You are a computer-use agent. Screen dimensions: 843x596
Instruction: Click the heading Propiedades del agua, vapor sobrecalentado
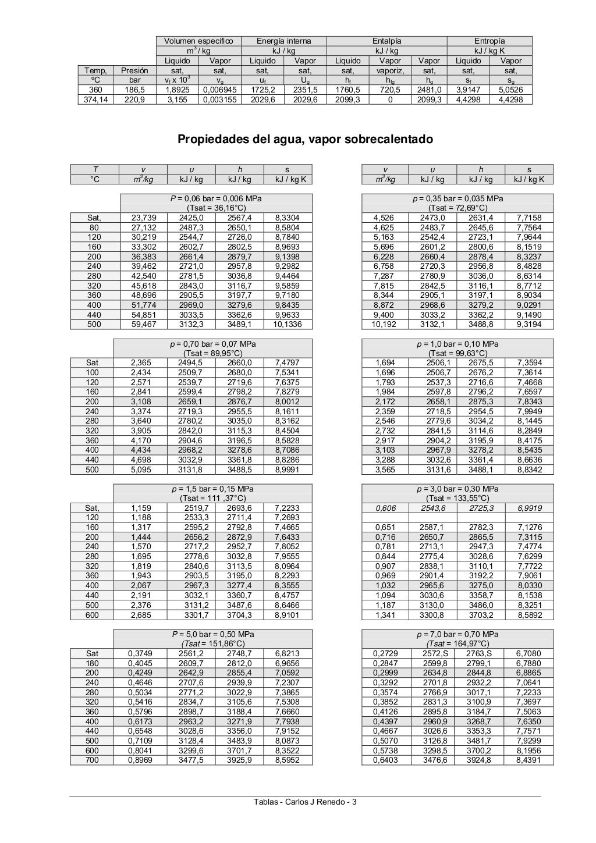click(305, 140)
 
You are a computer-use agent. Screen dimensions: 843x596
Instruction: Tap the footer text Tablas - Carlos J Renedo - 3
click(305, 802)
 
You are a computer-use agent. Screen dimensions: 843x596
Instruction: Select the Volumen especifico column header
click(198, 41)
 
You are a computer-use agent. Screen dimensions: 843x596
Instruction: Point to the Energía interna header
click(284, 41)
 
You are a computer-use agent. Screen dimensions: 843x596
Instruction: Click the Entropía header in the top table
click(489, 41)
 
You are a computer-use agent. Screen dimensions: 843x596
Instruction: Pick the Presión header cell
click(134, 70)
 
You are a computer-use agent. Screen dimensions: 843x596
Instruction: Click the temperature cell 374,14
click(95, 99)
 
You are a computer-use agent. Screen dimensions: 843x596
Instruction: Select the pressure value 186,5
click(134, 90)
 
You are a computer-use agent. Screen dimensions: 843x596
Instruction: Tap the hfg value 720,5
click(390, 90)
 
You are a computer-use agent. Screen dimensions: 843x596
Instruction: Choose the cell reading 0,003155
click(219, 99)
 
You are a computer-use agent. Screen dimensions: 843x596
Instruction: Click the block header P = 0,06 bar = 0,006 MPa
click(216, 198)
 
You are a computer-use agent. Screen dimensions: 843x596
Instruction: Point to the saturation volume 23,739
click(144, 218)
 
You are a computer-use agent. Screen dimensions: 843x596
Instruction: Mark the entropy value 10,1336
click(288, 324)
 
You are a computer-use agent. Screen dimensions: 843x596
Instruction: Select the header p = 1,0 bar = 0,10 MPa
click(457, 344)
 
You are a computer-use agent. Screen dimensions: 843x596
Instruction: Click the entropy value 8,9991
click(288, 469)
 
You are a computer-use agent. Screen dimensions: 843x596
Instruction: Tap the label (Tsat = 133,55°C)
click(457, 498)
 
